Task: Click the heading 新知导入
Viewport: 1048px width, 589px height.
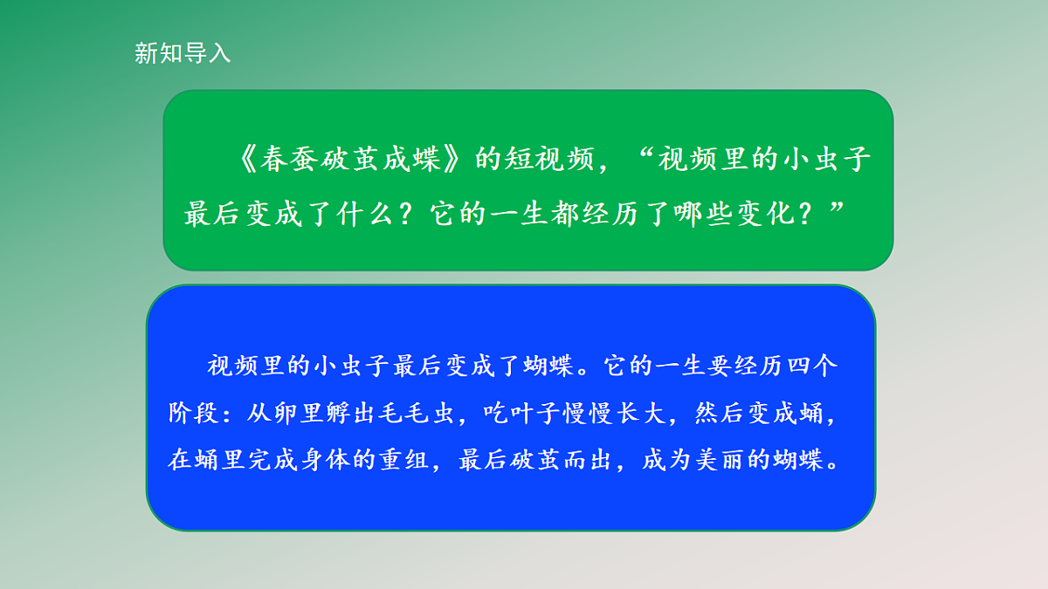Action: tap(183, 53)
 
